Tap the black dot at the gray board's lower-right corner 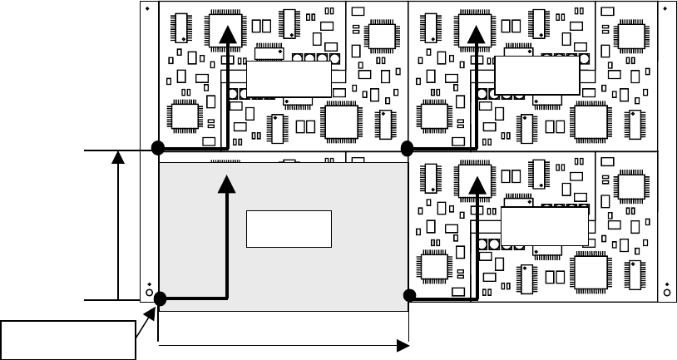point(408,295)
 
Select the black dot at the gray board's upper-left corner point(157,149)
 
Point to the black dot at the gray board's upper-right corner point(408,149)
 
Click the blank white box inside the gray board point(289,229)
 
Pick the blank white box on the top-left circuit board point(289,79)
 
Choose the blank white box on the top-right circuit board point(536,76)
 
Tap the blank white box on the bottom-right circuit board point(544,225)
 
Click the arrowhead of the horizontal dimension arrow point(404,344)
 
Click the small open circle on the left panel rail point(149,293)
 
